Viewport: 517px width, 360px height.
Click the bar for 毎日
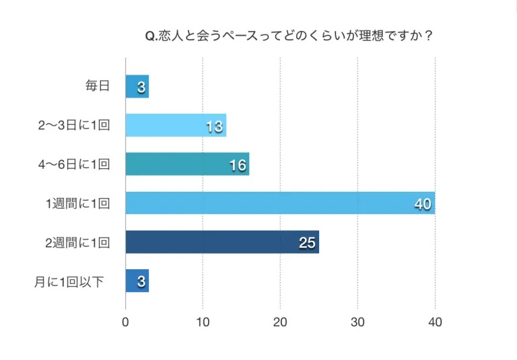(137, 87)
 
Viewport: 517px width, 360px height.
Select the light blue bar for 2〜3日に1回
(176, 125)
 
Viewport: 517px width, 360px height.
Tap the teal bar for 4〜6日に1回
(187, 164)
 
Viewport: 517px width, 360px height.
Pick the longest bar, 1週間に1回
(280, 203)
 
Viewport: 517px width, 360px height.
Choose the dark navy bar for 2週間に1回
(222, 242)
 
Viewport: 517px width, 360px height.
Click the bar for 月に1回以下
(137, 281)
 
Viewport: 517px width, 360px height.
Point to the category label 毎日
(97, 87)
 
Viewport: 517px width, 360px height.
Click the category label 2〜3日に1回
(74, 125)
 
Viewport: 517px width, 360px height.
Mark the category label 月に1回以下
(69, 281)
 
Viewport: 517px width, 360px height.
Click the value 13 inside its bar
(215, 126)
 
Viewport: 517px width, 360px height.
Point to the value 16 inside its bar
(238, 165)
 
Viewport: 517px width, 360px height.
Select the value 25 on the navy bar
(308, 242)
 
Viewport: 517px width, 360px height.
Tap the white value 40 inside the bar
(423, 204)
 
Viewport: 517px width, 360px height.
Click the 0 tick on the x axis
(126, 322)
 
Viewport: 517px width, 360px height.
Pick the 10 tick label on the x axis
(203, 322)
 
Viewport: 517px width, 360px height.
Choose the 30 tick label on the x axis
(357, 322)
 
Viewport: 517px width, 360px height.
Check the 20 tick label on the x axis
(280, 322)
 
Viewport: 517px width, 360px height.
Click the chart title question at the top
(289, 36)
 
